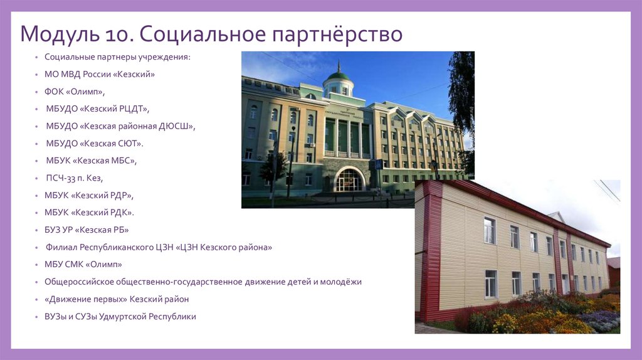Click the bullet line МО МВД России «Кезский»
(x=99, y=74)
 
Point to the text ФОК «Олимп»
(x=74, y=91)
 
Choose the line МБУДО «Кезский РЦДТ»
(x=97, y=109)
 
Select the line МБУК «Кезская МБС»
(x=91, y=161)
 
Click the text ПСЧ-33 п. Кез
(x=74, y=178)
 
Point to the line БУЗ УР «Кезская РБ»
(x=87, y=230)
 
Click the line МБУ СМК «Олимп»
(x=83, y=264)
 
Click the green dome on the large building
(x=339, y=77)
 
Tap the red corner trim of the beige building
(x=431, y=251)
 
